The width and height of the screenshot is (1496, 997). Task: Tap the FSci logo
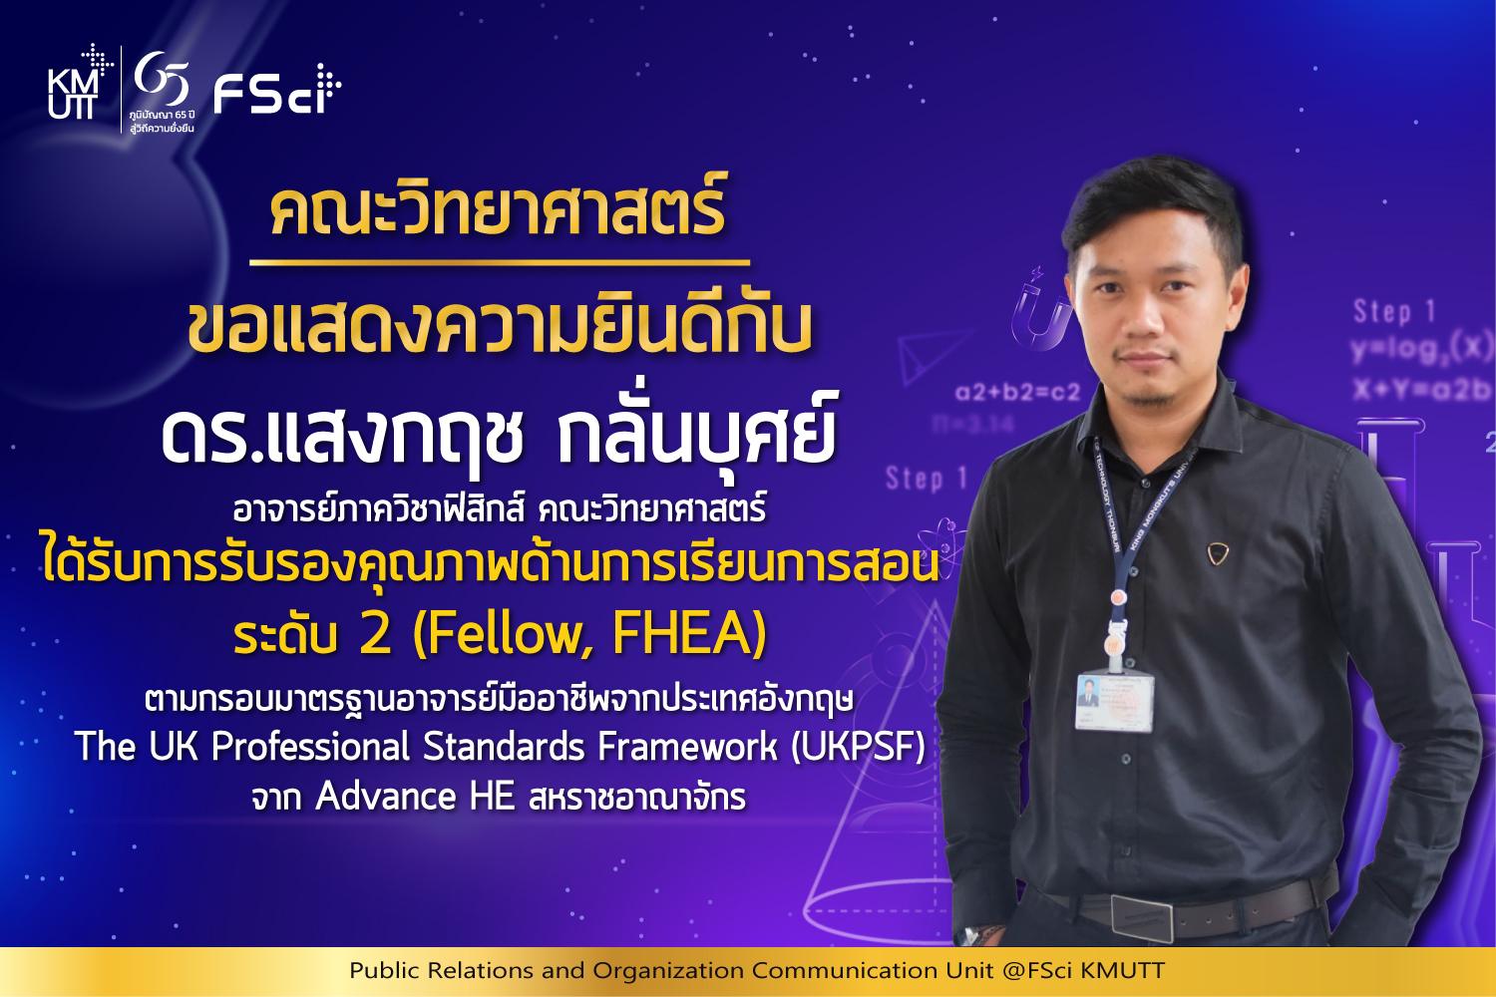pyautogui.click(x=277, y=90)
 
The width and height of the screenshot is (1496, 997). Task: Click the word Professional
pyautogui.click(x=310, y=746)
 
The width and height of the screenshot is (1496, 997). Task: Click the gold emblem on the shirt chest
pyautogui.click(x=1217, y=553)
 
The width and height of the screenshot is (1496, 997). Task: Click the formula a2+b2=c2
pyautogui.click(x=1018, y=391)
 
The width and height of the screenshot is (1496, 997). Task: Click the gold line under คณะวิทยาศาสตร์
pyautogui.click(x=500, y=262)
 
